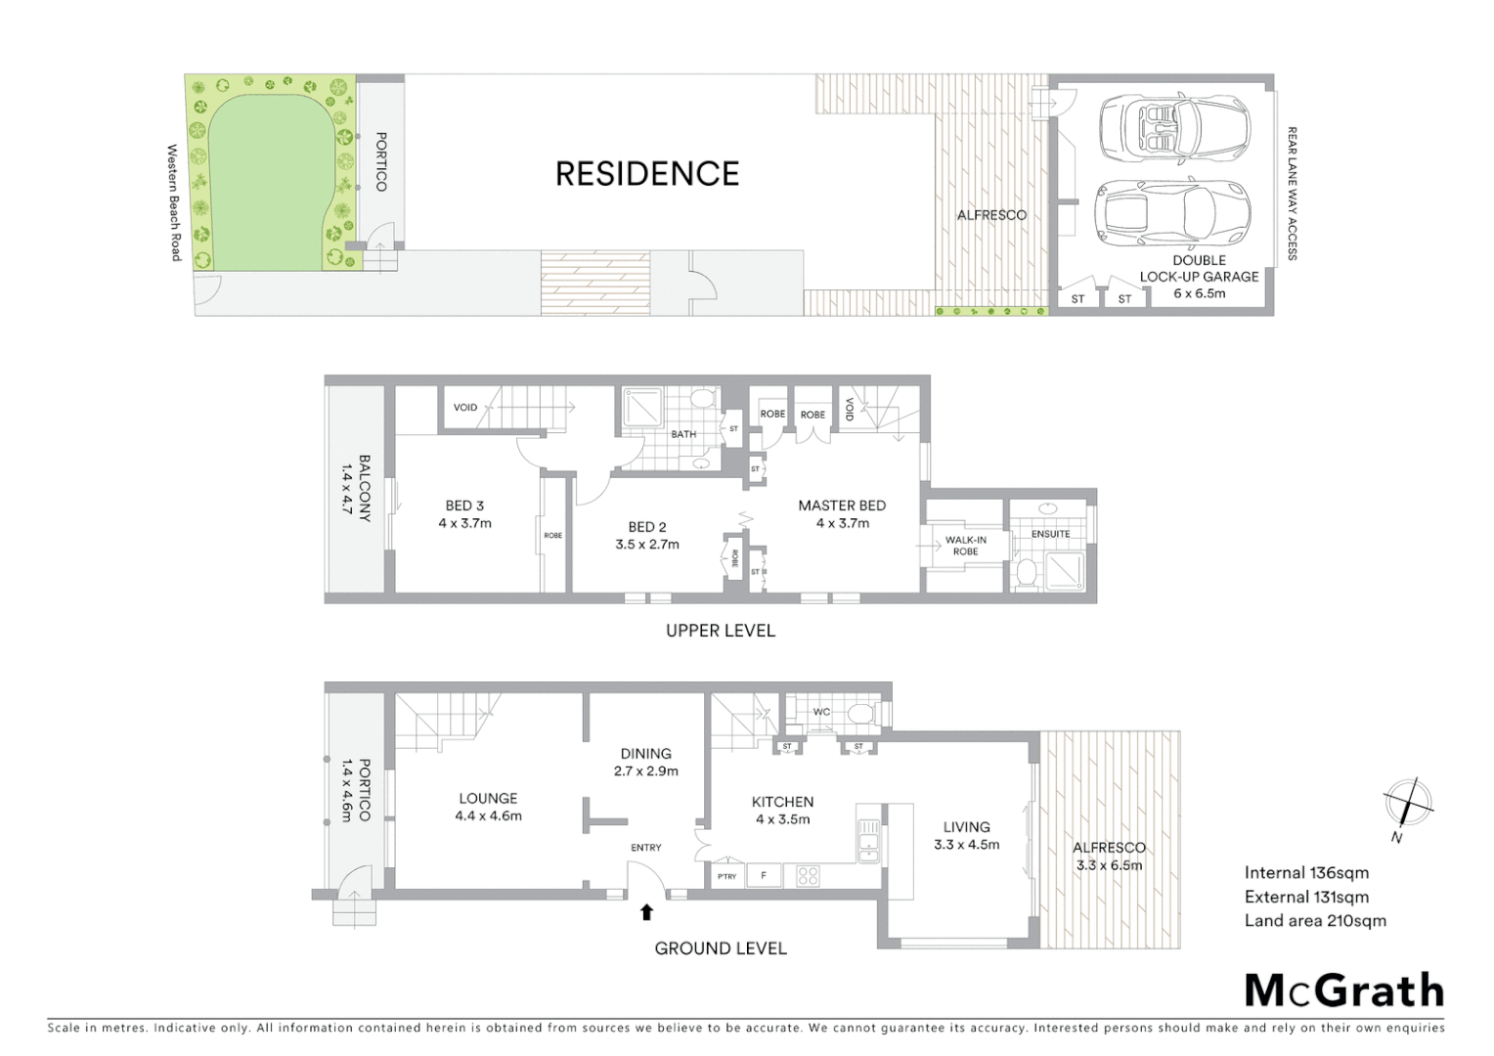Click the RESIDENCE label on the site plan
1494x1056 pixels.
(647, 174)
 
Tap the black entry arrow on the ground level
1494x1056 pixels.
(645, 912)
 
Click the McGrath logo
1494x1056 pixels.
(1344, 991)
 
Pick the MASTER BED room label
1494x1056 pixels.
(842, 506)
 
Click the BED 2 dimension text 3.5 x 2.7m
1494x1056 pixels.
(647, 545)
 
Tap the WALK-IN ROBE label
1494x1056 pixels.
(965, 546)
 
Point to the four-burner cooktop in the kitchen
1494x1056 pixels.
(808, 876)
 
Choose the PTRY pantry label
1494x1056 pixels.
(726, 876)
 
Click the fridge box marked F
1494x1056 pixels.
(764, 876)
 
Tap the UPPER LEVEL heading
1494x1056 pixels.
(721, 631)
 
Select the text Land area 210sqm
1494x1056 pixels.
(1315, 920)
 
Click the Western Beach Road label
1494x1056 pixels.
(174, 202)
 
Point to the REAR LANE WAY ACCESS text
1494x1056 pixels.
(1292, 194)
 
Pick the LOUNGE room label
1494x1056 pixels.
(488, 798)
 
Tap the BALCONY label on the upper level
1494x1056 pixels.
(364, 488)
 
